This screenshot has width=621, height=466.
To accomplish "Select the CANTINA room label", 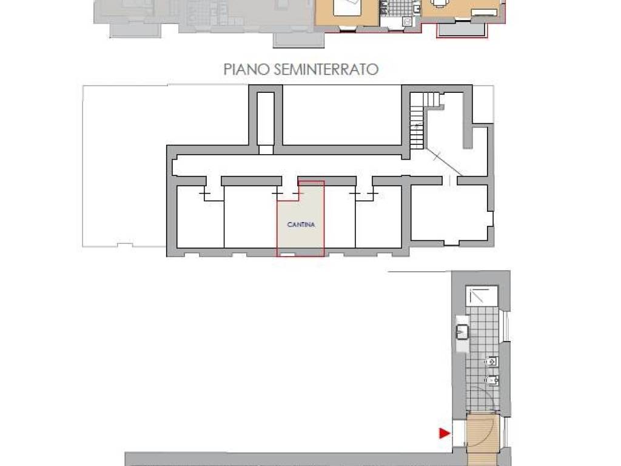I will [x=301, y=225].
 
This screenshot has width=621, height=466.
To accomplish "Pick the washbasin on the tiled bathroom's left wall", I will [x=462, y=331].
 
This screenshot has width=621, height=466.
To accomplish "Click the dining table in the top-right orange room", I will [x=449, y=10].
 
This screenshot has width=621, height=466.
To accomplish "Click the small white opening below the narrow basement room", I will [x=266, y=150].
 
